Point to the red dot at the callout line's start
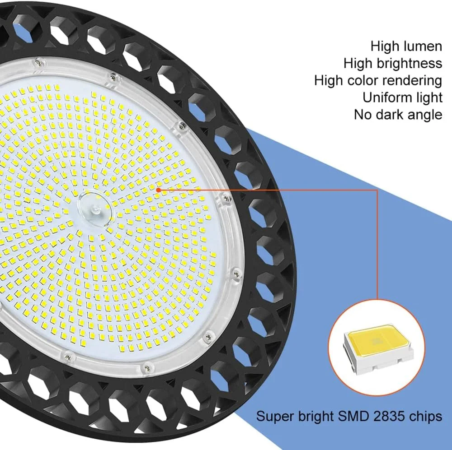(158, 190)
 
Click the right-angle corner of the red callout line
(377, 190)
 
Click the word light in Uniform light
(427, 98)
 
